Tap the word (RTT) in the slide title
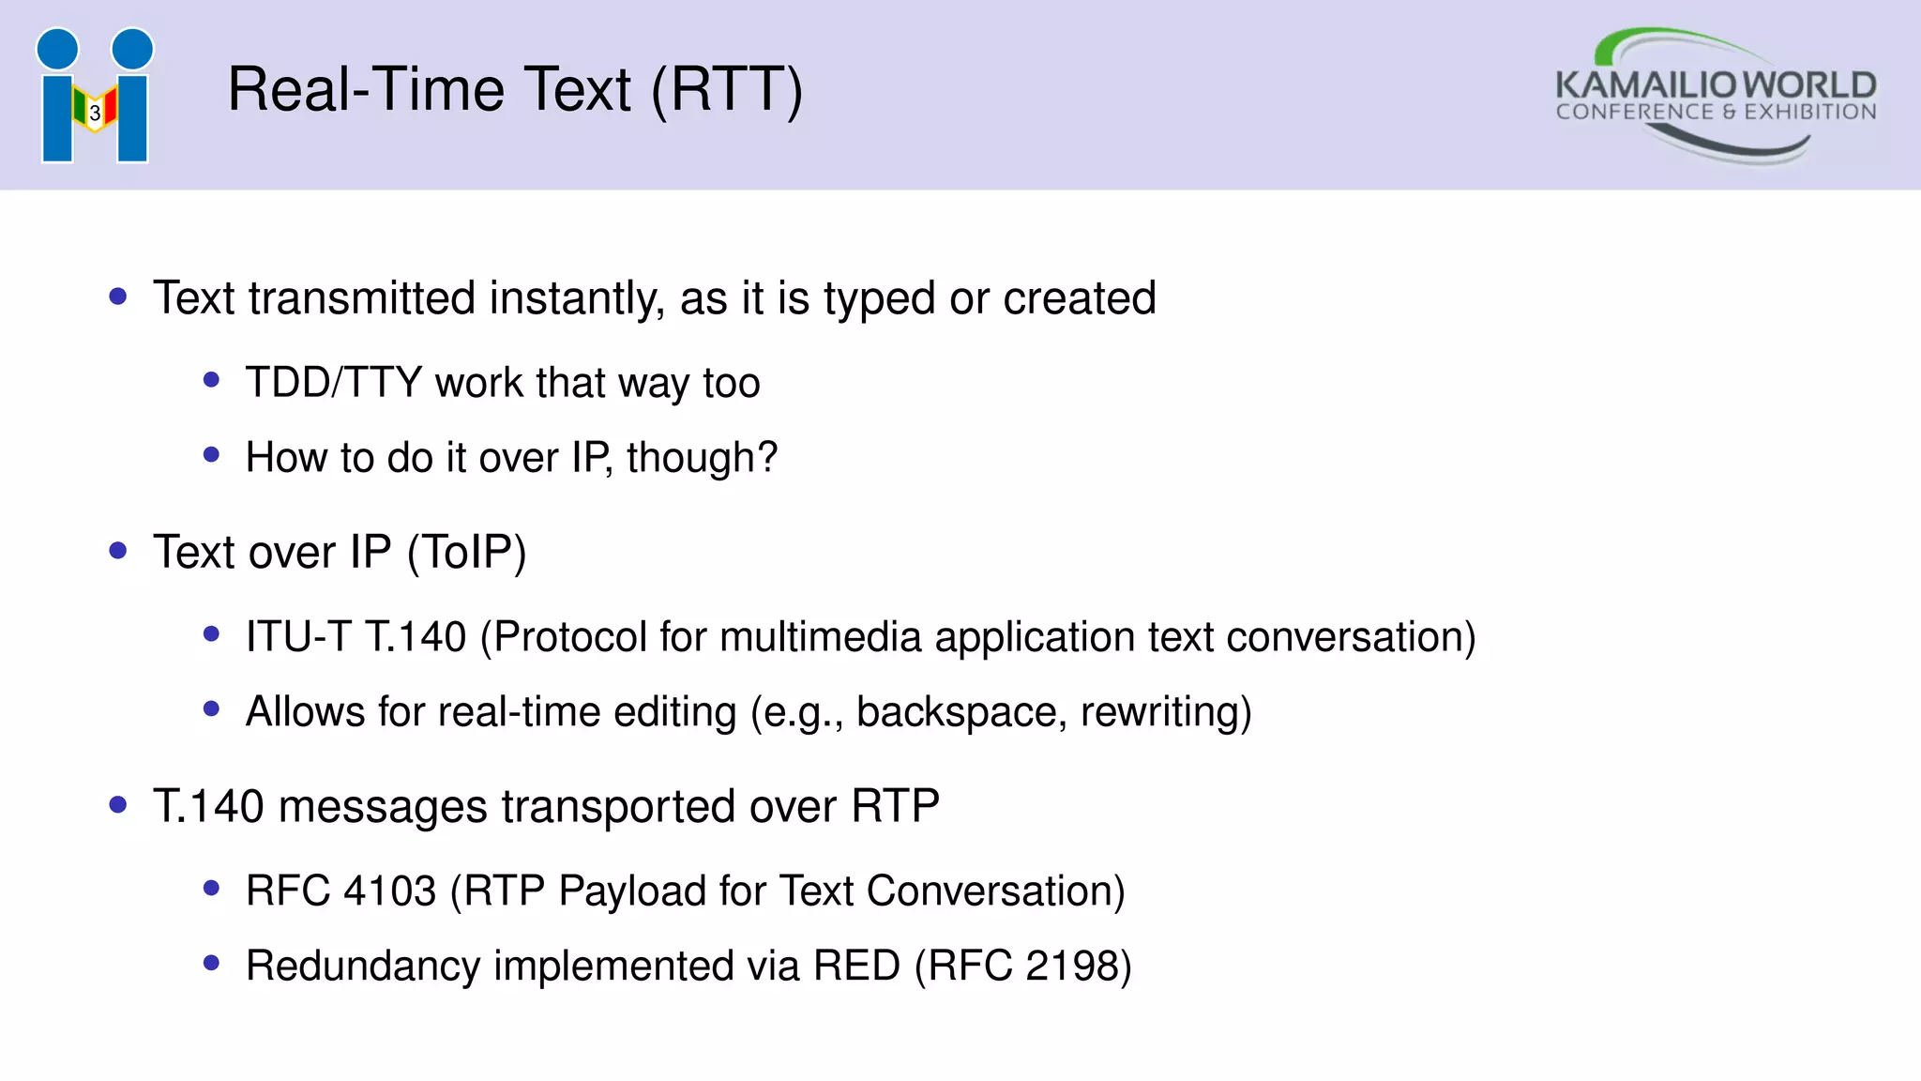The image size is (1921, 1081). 727,90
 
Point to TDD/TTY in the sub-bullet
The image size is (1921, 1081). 334,383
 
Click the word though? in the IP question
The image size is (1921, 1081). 702,458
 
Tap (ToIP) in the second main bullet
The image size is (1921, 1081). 466,552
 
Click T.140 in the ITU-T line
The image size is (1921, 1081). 416,637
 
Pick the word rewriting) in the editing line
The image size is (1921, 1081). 1166,712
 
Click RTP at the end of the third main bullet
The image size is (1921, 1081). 895,806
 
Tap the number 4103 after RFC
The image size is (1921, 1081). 390,891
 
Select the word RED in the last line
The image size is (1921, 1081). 856,966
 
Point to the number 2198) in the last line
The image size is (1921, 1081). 1079,966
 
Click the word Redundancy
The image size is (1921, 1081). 363,966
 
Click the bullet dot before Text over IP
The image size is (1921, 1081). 118,551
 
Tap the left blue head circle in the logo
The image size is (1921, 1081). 58,49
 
